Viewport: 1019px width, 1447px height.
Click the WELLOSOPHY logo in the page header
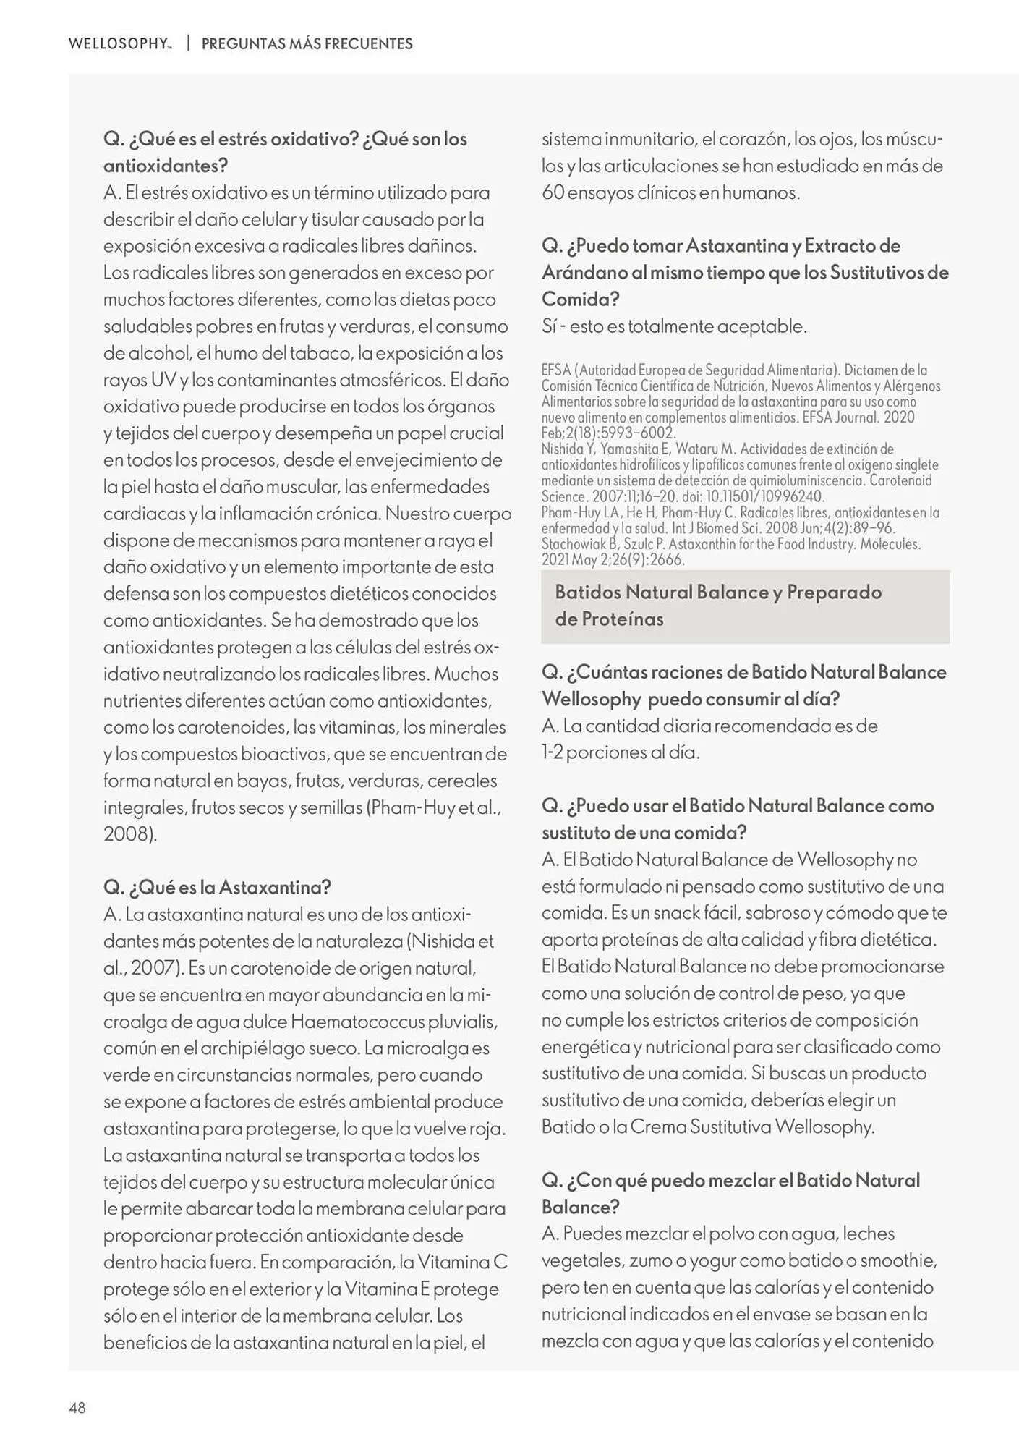[x=120, y=43]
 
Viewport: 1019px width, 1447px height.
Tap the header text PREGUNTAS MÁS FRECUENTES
[x=307, y=43]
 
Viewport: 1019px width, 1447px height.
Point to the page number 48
[x=77, y=1407]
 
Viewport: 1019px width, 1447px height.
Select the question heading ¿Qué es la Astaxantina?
[x=217, y=887]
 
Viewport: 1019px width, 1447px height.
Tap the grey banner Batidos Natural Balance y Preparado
[x=745, y=606]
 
